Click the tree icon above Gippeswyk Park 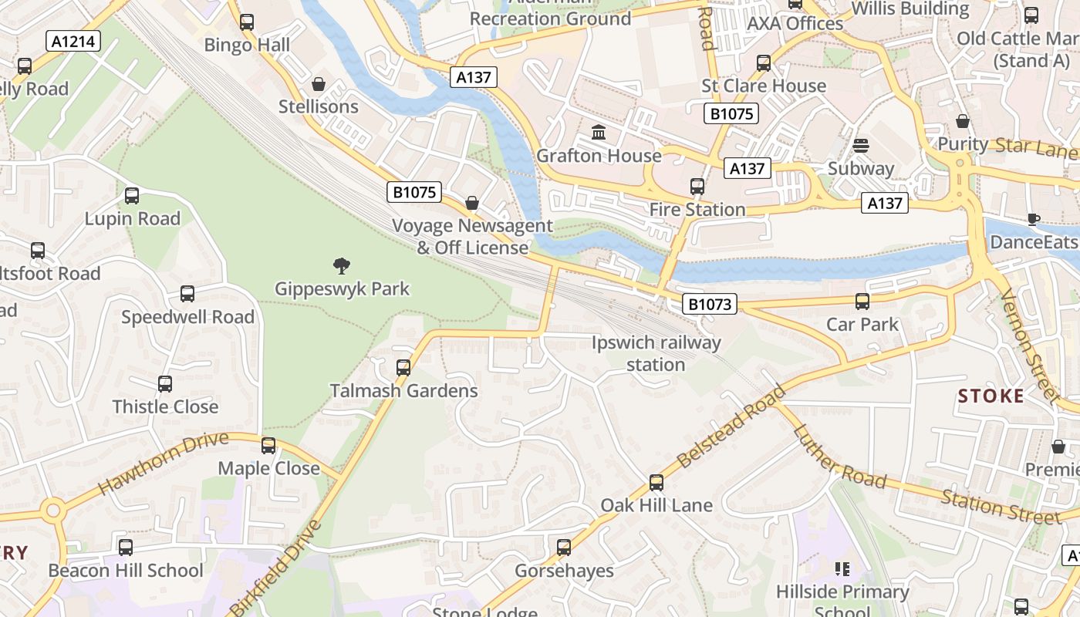pyautogui.click(x=342, y=267)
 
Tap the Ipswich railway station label pyautogui.click(x=656, y=353)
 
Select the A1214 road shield pyautogui.click(x=73, y=41)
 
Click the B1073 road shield pyautogui.click(x=709, y=304)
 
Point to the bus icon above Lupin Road pyautogui.click(x=132, y=196)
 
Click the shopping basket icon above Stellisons pyautogui.click(x=319, y=84)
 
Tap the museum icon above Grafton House pyautogui.click(x=599, y=133)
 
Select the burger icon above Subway pyautogui.click(x=861, y=146)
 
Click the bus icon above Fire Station pyautogui.click(x=697, y=187)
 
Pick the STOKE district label pyautogui.click(x=991, y=396)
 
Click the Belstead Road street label pyautogui.click(x=731, y=427)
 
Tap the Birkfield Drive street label pyautogui.click(x=275, y=568)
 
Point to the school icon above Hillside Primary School pyautogui.click(x=842, y=569)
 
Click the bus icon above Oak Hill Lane pyautogui.click(x=656, y=483)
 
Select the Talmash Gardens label pyautogui.click(x=404, y=391)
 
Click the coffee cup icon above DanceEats pyautogui.click(x=1034, y=219)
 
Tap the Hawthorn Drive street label pyautogui.click(x=164, y=464)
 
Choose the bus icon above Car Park pyautogui.click(x=862, y=302)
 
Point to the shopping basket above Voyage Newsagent pyautogui.click(x=472, y=204)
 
